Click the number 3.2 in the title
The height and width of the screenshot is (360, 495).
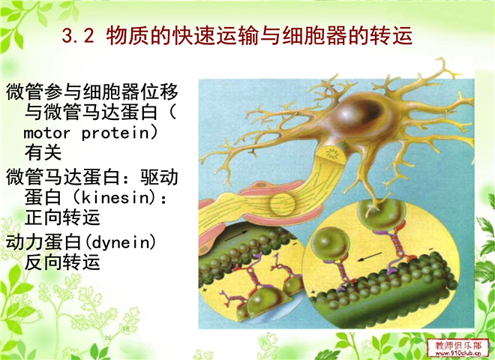coord(78,35)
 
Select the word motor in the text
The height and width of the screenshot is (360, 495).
coord(46,133)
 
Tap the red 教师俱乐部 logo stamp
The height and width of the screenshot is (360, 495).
coord(455,347)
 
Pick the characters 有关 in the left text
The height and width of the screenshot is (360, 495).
coord(43,152)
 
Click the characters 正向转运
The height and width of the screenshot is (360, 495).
coord(62,217)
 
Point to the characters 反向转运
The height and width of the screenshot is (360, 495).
coord(62,262)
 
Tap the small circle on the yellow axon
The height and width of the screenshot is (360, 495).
coord(282,204)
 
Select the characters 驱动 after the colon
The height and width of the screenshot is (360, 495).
coord(160,177)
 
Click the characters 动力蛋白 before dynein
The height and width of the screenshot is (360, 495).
coord(43,242)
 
